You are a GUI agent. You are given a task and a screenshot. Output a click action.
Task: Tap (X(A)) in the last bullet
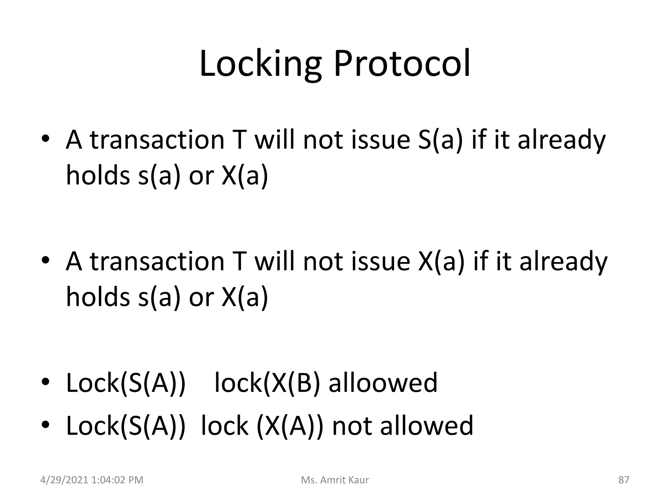(x=290, y=426)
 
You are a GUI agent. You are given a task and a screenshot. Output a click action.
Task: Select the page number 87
(x=624, y=480)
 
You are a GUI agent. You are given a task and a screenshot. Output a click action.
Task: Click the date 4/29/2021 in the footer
(x=64, y=480)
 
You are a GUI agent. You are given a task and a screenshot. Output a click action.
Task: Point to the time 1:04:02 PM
(x=117, y=480)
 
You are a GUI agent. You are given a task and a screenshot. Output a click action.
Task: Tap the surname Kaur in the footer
(x=359, y=480)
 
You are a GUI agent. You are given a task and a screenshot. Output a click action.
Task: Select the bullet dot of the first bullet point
(x=45, y=139)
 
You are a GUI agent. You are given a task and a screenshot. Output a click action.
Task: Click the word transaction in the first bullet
(x=157, y=140)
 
